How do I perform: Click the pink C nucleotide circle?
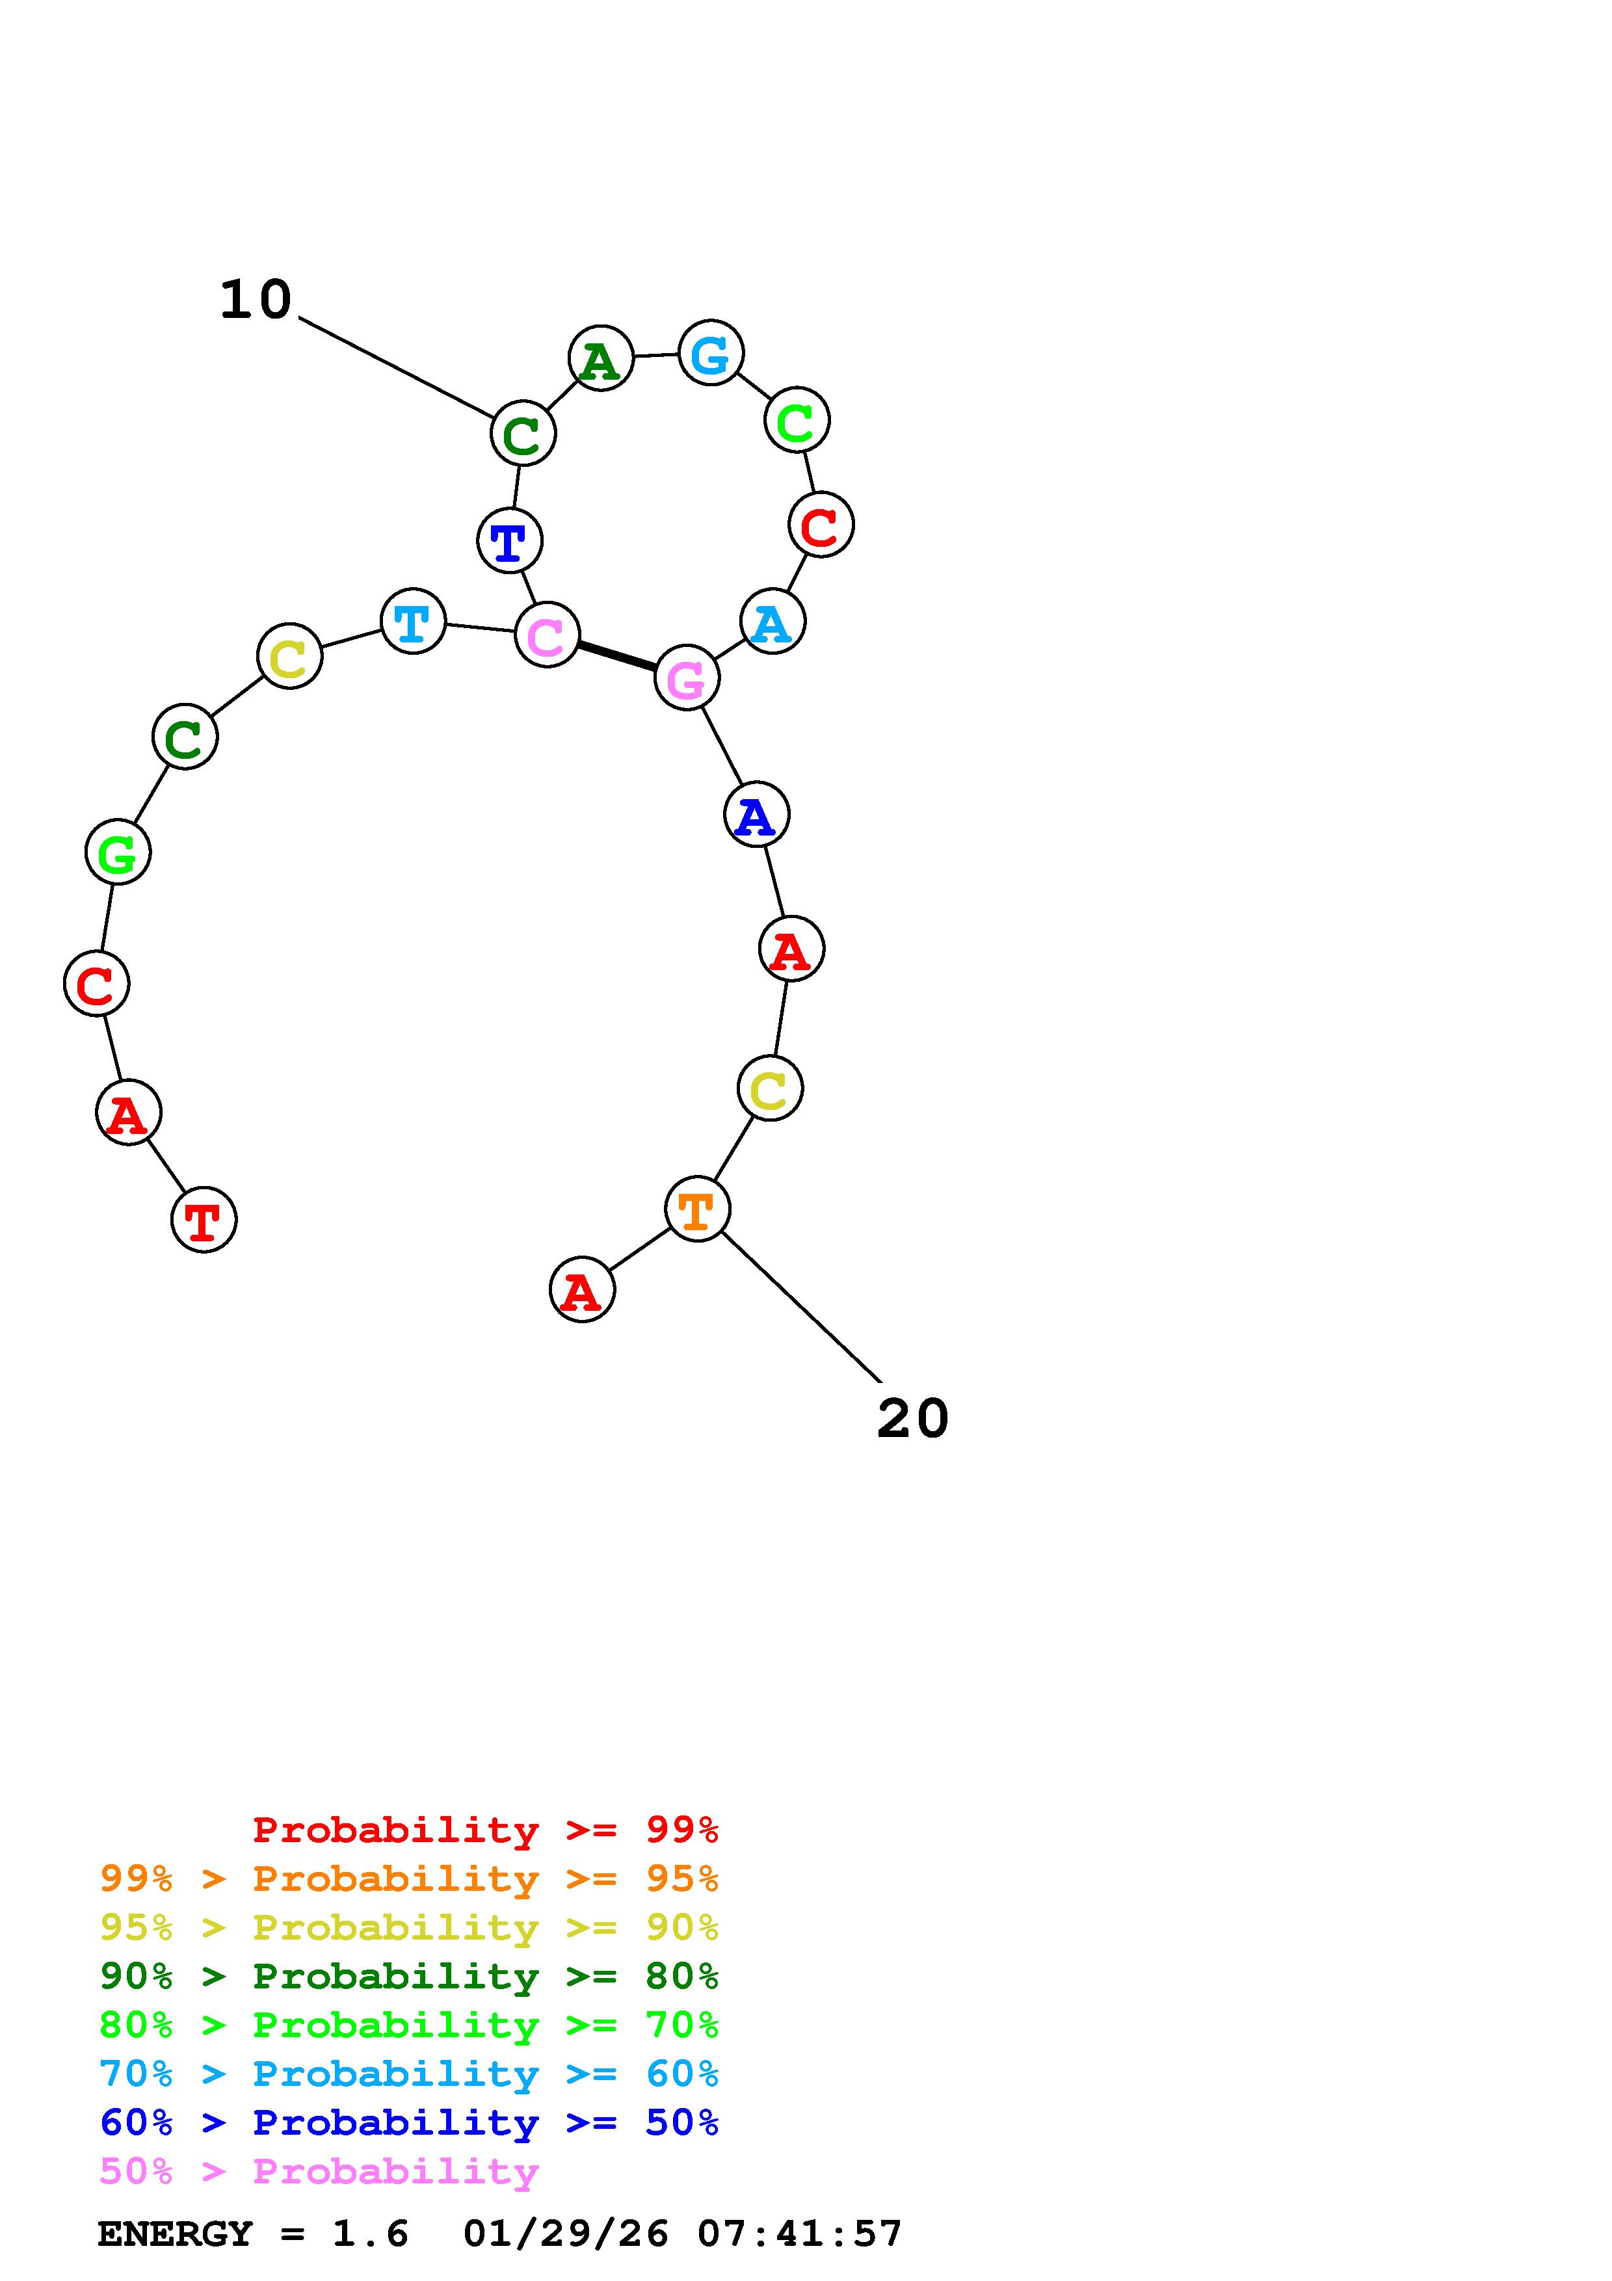click(546, 635)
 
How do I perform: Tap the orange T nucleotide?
click(697, 1209)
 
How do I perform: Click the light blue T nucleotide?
click(413, 622)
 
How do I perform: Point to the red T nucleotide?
click(204, 1220)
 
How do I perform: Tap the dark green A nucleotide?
click(601, 359)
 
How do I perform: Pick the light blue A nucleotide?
click(772, 622)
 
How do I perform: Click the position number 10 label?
click(256, 300)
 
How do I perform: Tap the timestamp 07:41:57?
click(800, 2234)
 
